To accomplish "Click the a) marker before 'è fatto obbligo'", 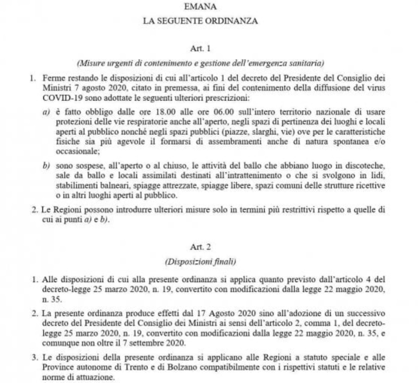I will click(x=46, y=112).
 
